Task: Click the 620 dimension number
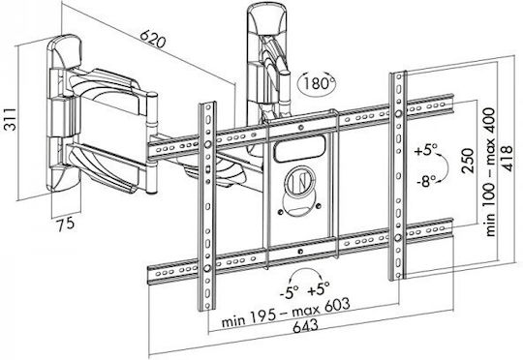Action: (152, 39)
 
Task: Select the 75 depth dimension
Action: (66, 224)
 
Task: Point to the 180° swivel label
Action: (317, 82)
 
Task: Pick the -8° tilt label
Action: (426, 182)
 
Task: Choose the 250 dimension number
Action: (468, 161)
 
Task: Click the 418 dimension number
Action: (507, 158)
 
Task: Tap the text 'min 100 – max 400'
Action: (490, 172)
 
